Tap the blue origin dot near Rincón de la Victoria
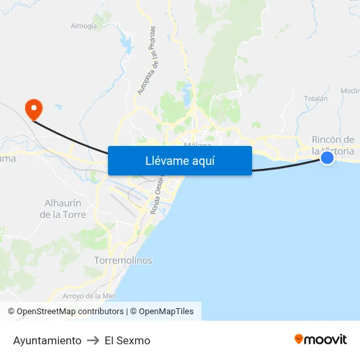point(327,157)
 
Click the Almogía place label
point(84,26)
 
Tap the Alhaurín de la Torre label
point(63,209)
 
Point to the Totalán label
point(315,98)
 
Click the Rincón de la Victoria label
point(333,145)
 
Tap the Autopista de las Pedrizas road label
point(146,60)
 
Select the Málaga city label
point(198,145)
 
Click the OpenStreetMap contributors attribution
point(69,312)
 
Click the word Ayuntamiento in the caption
point(47,340)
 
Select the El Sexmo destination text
point(128,340)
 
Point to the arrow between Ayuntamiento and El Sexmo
point(93,340)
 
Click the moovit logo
point(321,339)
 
